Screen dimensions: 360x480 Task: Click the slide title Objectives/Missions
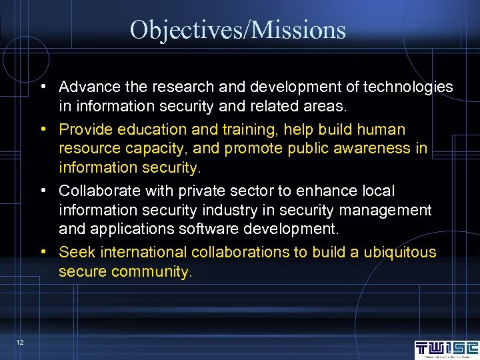pos(238,30)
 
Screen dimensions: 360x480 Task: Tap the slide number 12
pos(21,342)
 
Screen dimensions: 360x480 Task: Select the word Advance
pos(87,87)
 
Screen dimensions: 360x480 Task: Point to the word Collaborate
pos(97,191)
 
